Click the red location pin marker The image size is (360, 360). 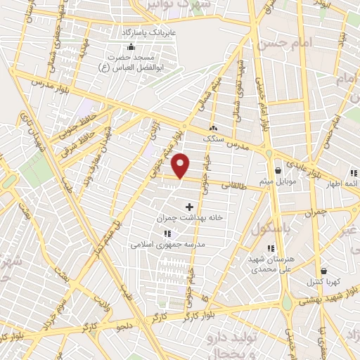tap(181, 165)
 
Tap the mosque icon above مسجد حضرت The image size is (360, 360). tap(131, 46)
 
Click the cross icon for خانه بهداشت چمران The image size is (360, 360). tap(188, 207)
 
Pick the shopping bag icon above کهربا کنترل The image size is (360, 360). tap(323, 271)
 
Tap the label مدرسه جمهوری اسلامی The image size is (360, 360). tap(167, 244)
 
